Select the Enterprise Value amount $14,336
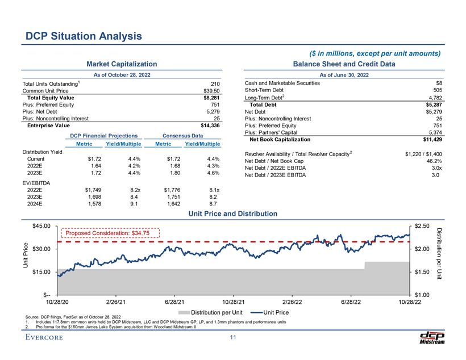206,125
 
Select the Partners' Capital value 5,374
436,132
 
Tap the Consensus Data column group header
182,136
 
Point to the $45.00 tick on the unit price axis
45,226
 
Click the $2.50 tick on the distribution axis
425,226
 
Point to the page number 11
232,339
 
